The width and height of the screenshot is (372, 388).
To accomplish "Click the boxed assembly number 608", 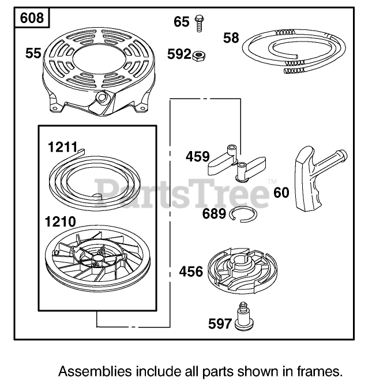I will point(31,18).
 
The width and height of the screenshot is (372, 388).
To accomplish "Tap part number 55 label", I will point(33,54).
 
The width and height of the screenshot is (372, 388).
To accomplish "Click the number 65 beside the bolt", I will point(181,22).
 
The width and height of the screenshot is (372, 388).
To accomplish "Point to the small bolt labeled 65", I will point(200,21).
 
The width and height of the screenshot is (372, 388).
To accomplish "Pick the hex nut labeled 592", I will point(200,55).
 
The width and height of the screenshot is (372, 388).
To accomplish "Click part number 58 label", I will point(231,38).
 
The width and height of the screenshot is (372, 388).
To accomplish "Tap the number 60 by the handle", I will point(281,192).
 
